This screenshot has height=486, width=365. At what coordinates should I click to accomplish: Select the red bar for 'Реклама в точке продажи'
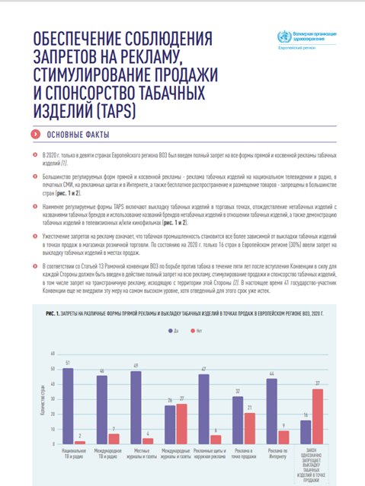pos(249,429)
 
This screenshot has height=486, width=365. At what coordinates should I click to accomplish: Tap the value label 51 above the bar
pos(68,364)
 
